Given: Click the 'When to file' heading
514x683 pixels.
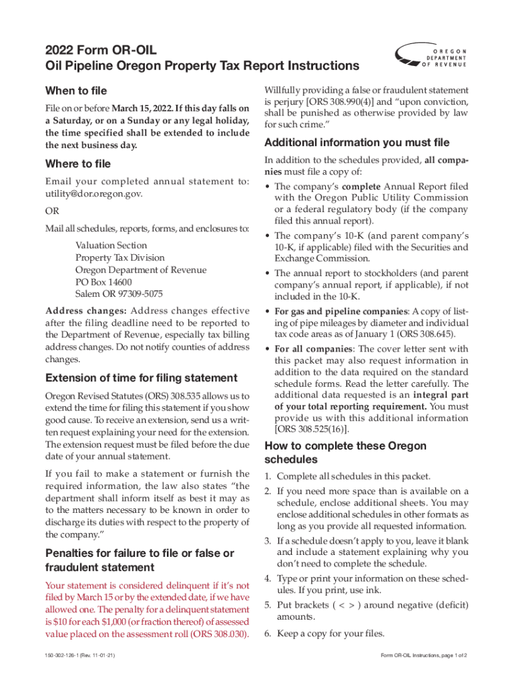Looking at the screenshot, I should click(75, 91).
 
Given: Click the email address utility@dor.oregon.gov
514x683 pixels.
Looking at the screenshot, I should click(93, 193).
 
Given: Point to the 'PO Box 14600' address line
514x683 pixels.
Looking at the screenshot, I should click(103, 282).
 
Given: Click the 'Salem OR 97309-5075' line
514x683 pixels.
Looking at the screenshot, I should click(119, 294).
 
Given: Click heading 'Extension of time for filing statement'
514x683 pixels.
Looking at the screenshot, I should click(141, 378).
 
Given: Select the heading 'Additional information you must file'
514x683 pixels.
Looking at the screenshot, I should click(357, 143).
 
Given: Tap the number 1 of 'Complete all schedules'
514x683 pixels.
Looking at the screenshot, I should click(267, 477).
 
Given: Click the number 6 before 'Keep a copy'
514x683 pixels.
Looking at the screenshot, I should click(267, 634).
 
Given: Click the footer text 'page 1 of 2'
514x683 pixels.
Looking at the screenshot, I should click(450, 656).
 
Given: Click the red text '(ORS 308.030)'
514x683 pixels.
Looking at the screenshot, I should click(215, 634).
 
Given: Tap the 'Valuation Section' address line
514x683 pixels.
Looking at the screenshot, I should click(111, 245).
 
